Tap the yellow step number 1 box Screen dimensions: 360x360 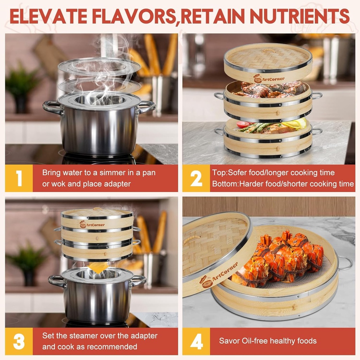tap(19, 178)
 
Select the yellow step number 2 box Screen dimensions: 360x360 tap(196, 178)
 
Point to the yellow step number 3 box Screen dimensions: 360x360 tap(19, 341)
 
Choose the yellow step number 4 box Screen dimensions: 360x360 tap(196, 341)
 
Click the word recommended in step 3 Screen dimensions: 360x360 tap(112, 347)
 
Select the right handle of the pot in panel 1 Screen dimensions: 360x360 tap(147, 106)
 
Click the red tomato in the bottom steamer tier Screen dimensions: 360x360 tap(243, 124)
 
